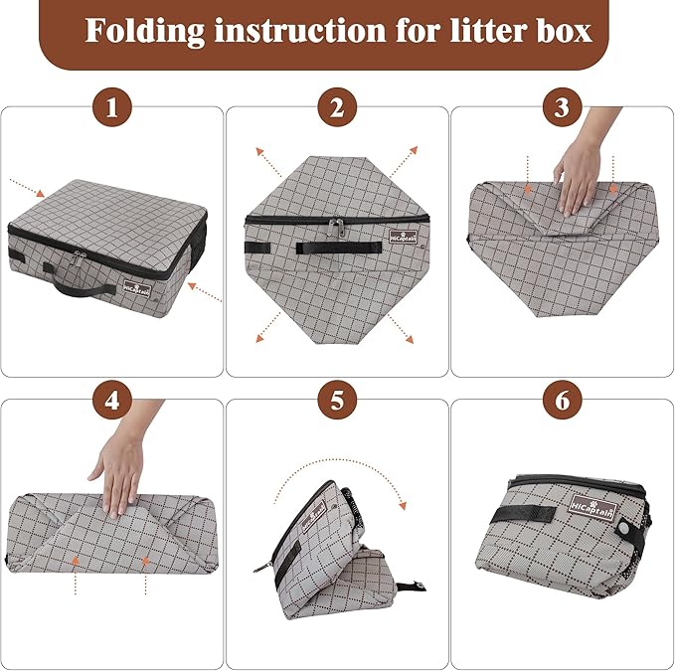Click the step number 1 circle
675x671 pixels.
[x=111, y=108]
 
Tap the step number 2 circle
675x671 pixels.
[x=337, y=108]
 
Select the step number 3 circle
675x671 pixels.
[x=562, y=108]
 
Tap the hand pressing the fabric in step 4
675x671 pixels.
[x=117, y=474]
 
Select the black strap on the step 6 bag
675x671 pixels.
[x=527, y=513]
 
